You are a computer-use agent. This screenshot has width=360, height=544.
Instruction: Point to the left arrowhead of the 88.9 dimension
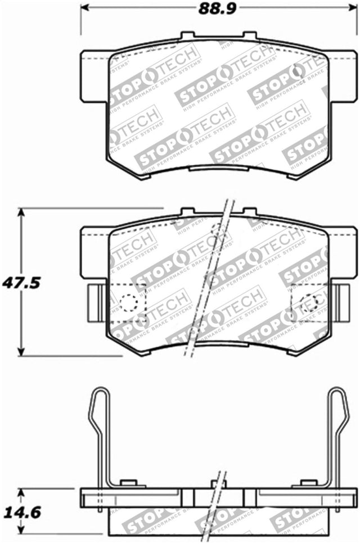[x=84, y=8]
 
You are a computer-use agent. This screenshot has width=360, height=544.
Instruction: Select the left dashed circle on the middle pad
[x=129, y=303]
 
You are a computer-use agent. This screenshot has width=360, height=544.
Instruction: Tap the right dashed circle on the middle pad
[x=310, y=303]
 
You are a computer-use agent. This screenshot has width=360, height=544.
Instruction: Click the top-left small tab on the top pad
[x=187, y=36]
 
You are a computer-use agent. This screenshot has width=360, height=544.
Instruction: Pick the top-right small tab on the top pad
[x=250, y=36]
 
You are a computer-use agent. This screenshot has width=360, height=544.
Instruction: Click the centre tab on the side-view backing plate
[x=218, y=484]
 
